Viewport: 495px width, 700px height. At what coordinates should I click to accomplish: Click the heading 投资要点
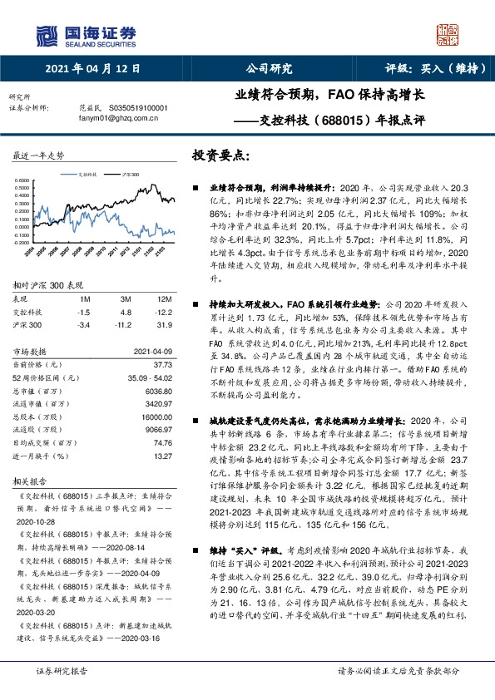(x=220, y=155)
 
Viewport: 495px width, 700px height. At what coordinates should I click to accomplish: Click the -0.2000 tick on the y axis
(x=24, y=243)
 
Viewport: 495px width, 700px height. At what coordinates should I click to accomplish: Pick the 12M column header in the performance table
(x=164, y=298)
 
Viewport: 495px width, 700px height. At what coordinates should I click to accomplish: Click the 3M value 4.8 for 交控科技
(x=127, y=312)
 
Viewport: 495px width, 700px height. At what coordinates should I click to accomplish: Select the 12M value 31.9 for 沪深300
(x=166, y=325)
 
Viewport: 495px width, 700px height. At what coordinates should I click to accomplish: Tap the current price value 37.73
(x=162, y=364)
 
